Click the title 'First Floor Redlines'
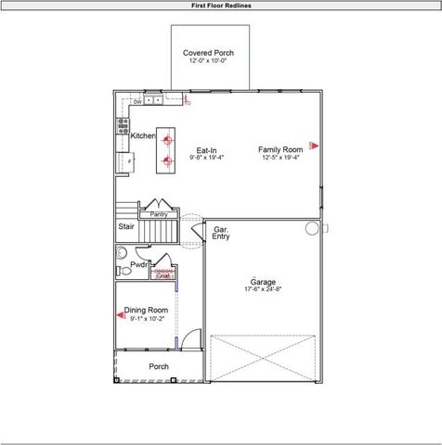coord(221,6)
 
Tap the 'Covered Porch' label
coord(208,54)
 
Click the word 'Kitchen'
coord(143,136)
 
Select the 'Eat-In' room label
coord(206,150)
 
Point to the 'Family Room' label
coord(280,149)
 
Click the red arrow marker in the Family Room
coord(314,145)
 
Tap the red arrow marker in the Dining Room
coord(121,315)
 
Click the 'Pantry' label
coord(158,214)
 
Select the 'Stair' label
coord(126,226)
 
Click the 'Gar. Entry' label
coord(221,233)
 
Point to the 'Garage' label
coord(263,281)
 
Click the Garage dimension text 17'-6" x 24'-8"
coord(263,289)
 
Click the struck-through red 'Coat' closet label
coord(163,274)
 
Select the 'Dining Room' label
coord(147,310)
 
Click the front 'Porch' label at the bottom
coord(160,366)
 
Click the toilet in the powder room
coord(123,271)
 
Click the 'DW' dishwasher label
coord(136,101)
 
